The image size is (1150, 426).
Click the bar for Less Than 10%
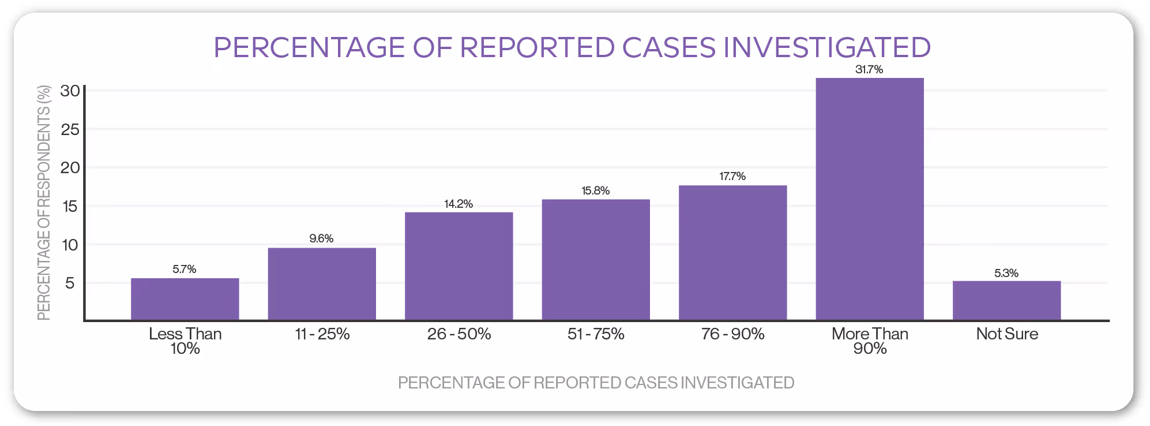coord(185,299)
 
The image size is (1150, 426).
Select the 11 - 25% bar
coord(322,284)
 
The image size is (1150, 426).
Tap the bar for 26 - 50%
coord(459,266)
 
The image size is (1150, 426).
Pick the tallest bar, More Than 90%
coord(870,199)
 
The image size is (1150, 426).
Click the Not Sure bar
coord(1006,300)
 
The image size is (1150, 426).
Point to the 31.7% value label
coord(869,69)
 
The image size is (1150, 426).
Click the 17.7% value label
coord(732,176)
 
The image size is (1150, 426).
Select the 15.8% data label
coord(595,190)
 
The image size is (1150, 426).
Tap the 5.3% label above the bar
coord(1006,273)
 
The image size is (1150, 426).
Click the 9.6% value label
coord(321,238)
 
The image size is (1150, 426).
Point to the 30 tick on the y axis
coord(70,91)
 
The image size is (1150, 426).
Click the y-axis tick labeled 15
coord(70,206)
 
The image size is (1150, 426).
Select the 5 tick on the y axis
coord(70,283)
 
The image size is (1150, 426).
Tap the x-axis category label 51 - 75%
coord(596,334)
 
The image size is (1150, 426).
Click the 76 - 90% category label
coord(732,334)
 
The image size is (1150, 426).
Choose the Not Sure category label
coord(1007,334)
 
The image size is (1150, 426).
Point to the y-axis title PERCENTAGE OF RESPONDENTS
coord(44,202)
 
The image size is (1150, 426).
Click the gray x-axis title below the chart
coord(596,383)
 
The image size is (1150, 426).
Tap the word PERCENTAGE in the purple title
coord(309,47)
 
